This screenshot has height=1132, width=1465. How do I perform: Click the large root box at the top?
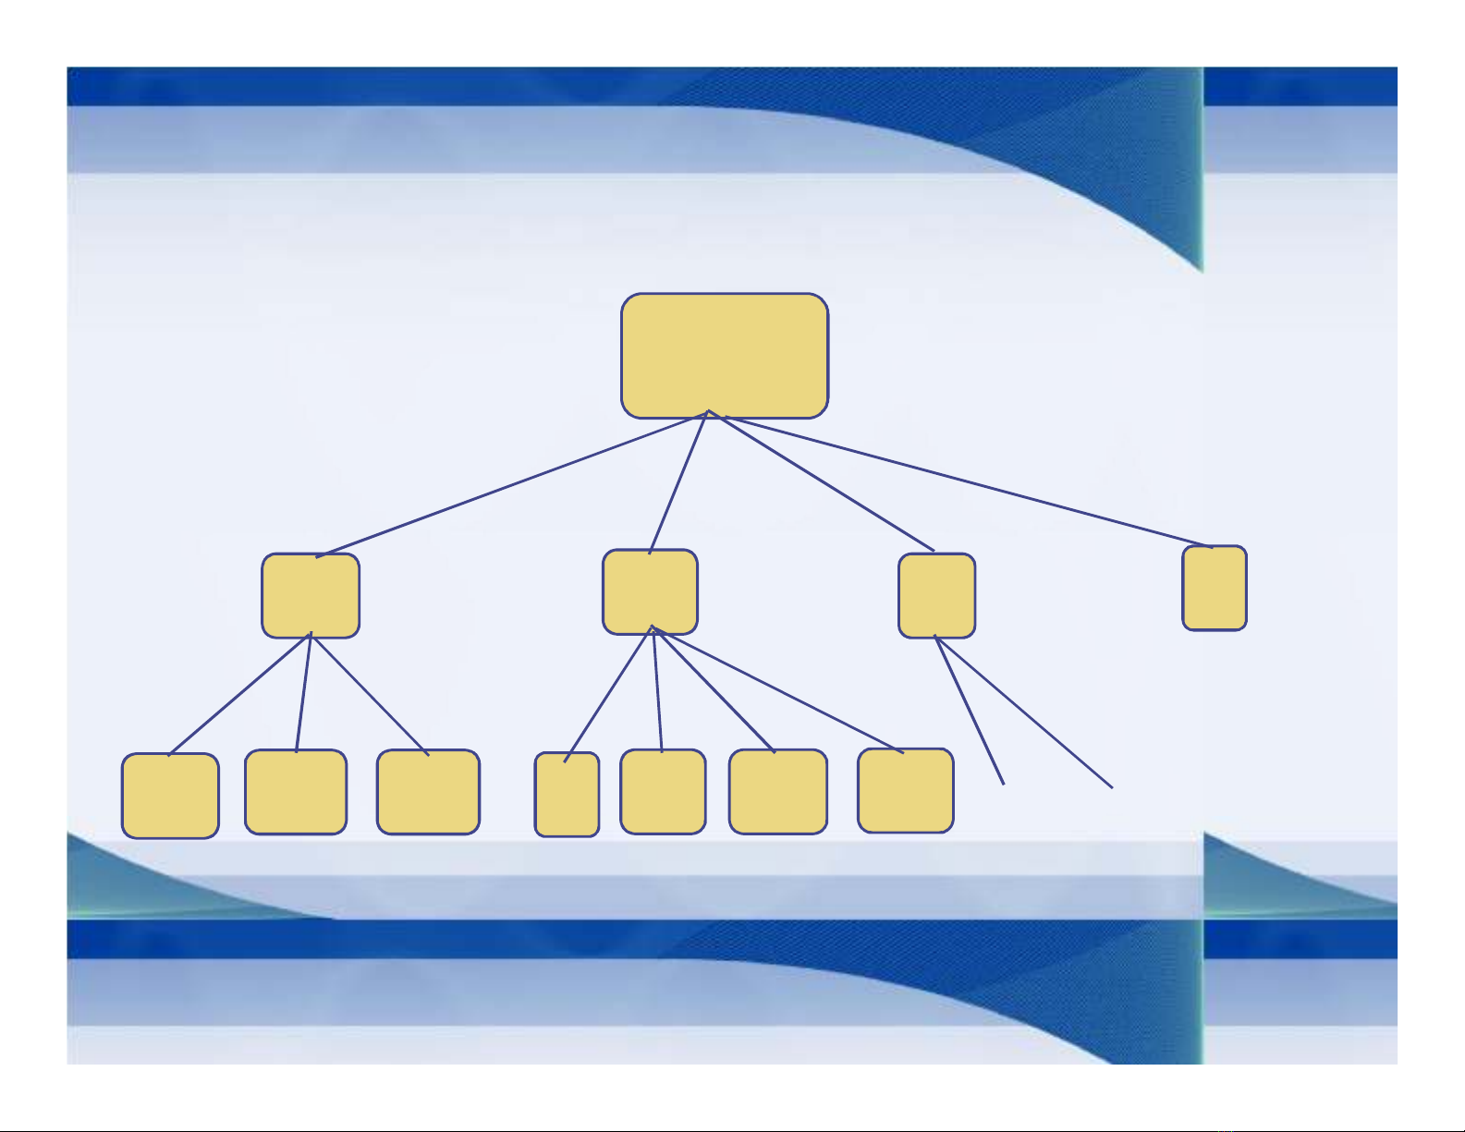[725, 356]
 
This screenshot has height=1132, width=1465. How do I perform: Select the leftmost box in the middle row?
[311, 595]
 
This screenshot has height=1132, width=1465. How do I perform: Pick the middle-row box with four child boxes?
[650, 592]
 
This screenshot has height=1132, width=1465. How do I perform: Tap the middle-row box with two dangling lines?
[936, 595]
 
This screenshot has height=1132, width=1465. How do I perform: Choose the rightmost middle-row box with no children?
[1215, 588]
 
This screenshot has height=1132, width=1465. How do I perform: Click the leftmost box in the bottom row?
[170, 796]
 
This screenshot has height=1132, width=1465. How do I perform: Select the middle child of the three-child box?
[296, 791]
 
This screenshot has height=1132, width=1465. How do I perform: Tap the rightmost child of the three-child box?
[428, 791]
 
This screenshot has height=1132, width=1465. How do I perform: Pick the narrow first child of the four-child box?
[567, 795]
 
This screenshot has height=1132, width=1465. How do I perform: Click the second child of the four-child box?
[663, 791]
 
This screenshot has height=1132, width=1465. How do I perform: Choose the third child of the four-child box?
[777, 791]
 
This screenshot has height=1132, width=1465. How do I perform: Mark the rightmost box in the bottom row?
[905, 790]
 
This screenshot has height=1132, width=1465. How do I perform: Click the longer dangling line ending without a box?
[1024, 712]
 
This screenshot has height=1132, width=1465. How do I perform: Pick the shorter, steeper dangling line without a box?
[970, 711]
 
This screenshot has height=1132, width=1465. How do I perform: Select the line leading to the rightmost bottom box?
[776, 688]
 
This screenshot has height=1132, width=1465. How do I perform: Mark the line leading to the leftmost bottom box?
[240, 694]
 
